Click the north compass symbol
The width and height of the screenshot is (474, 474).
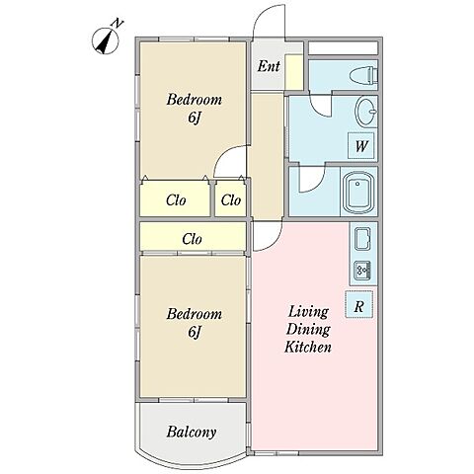(105, 41)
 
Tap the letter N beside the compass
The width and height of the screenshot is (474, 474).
(118, 24)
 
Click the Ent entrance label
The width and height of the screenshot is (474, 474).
(269, 66)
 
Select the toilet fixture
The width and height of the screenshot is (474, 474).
(362, 76)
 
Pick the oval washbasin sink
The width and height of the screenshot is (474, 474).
(366, 112)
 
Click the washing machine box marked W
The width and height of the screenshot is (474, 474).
(361, 145)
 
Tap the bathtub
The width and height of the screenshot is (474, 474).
(358, 193)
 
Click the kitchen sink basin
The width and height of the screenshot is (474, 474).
(362, 238)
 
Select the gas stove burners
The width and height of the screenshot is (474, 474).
(362, 271)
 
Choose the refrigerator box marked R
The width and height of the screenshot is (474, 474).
(358, 304)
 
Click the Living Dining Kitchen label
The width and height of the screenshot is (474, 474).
(308, 329)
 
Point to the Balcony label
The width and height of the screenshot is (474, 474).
(192, 432)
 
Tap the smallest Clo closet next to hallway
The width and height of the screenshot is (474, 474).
(231, 198)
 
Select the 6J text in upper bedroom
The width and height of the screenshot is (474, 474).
(195, 118)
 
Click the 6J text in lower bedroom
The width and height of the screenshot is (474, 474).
(195, 332)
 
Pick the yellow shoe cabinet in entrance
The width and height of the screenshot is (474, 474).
(293, 72)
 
